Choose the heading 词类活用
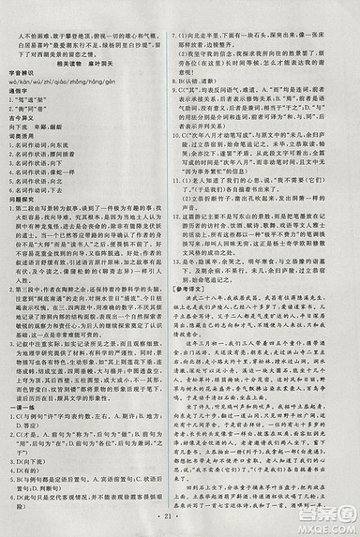pos(35,131)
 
